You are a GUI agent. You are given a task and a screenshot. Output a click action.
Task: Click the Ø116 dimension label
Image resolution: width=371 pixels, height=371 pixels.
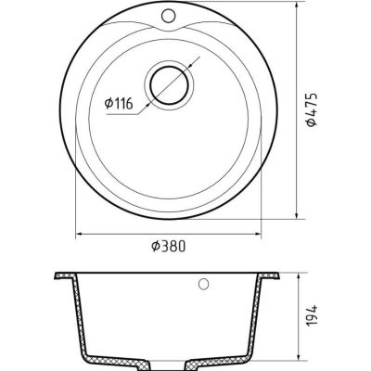(119, 104)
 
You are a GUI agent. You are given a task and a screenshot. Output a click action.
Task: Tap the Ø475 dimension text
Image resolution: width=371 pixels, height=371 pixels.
(311, 109)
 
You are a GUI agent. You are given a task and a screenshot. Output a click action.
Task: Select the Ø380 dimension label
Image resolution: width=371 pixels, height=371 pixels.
(169, 247)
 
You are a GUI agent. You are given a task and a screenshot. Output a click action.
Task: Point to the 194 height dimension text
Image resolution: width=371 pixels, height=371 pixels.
(313, 315)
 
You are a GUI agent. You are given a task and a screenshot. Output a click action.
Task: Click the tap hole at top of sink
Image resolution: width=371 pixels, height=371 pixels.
(168, 16)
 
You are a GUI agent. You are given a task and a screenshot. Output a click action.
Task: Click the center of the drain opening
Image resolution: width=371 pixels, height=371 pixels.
(169, 85)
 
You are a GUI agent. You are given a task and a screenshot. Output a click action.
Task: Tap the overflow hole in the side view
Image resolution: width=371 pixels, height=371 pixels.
(203, 284)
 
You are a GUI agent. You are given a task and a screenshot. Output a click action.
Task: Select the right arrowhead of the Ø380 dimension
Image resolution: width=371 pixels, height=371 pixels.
(257, 234)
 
